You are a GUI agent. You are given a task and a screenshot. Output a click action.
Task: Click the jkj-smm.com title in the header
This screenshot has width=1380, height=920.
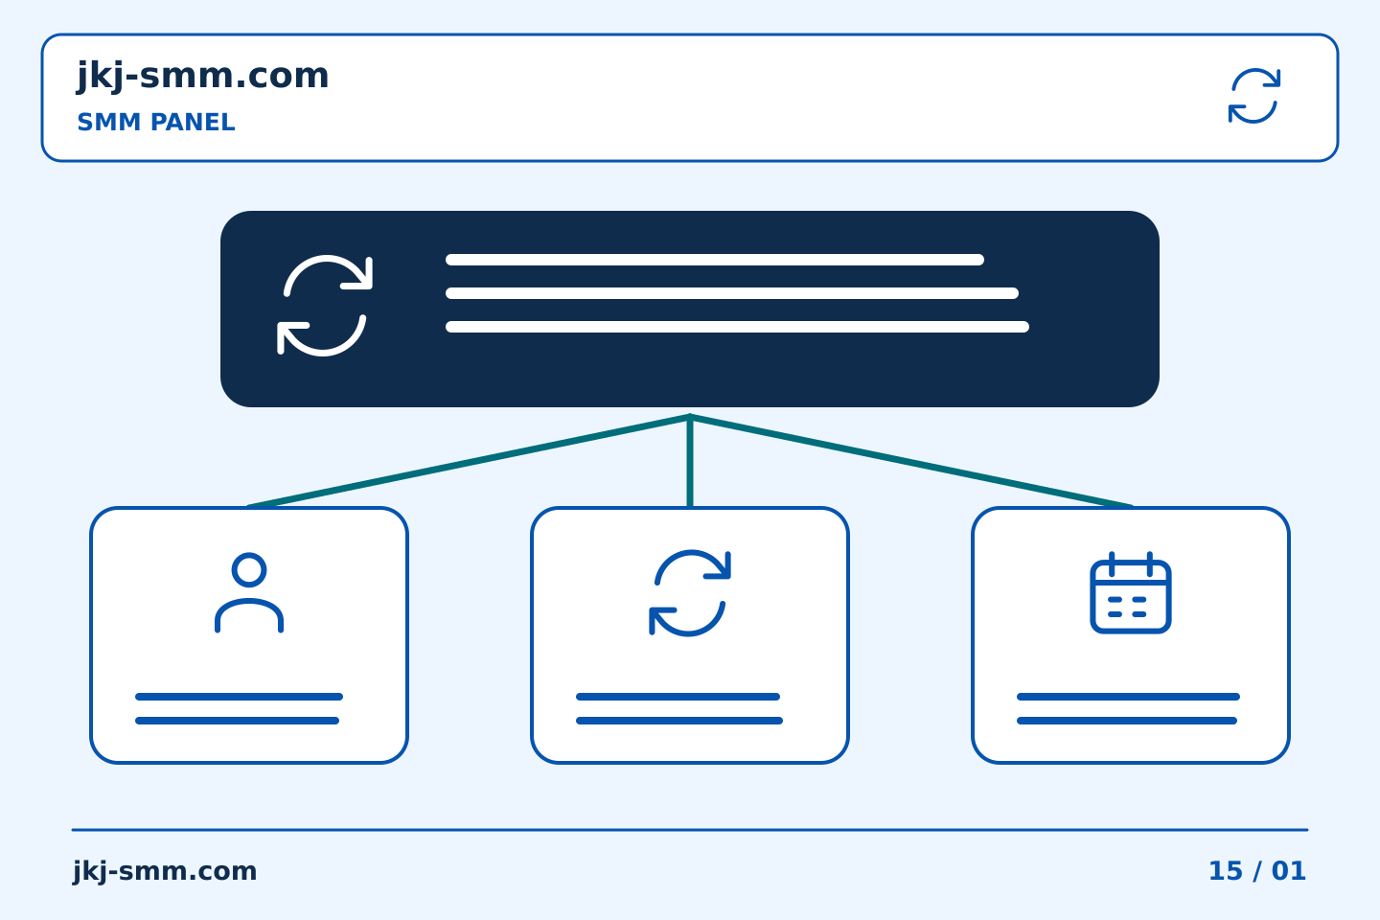pyautogui.click(x=203, y=77)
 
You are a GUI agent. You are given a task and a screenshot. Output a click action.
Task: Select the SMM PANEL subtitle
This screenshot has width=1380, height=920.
pyautogui.click(x=156, y=122)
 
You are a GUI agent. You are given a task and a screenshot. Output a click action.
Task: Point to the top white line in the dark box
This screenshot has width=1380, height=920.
pyautogui.click(x=715, y=260)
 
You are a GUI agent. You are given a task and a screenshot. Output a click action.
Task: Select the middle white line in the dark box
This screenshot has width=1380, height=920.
pyautogui.click(x=732, y=293)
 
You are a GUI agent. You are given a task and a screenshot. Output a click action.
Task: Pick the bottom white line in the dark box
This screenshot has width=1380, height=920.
pyautogui.click(x=738, y=327)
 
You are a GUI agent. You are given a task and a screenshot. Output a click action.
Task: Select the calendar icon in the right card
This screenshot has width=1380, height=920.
pyautogui.click(x=1131, y=592)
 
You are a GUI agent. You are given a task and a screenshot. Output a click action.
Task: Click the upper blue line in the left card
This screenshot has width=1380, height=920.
pyautogui.click(x=239, y=697)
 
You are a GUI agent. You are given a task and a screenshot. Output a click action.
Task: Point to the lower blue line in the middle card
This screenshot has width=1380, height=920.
pyautogui.click(x=679, y=721)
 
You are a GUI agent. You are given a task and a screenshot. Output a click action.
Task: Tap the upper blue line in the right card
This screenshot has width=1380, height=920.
pyautogui.click(x=1128, y=697)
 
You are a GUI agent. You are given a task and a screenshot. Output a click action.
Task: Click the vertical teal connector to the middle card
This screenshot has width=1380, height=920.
pyautogui.click(x=690, y=462)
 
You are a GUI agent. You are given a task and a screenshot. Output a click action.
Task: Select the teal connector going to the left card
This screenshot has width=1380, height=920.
pyautogui.click(x=469, y=462)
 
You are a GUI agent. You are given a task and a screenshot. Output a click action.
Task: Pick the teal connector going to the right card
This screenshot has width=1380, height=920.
pyautogui.click(x=911, y=462)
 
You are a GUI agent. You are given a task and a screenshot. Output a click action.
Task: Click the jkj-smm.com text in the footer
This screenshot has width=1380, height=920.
pyautogui.click(x=165, y=871)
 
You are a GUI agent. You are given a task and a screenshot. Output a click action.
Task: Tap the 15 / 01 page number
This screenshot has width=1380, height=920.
pyautogui.click(x=1257, y=871)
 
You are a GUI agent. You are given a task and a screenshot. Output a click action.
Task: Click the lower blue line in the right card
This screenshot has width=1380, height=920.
pyautogui.click(x=1127, y=721)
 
